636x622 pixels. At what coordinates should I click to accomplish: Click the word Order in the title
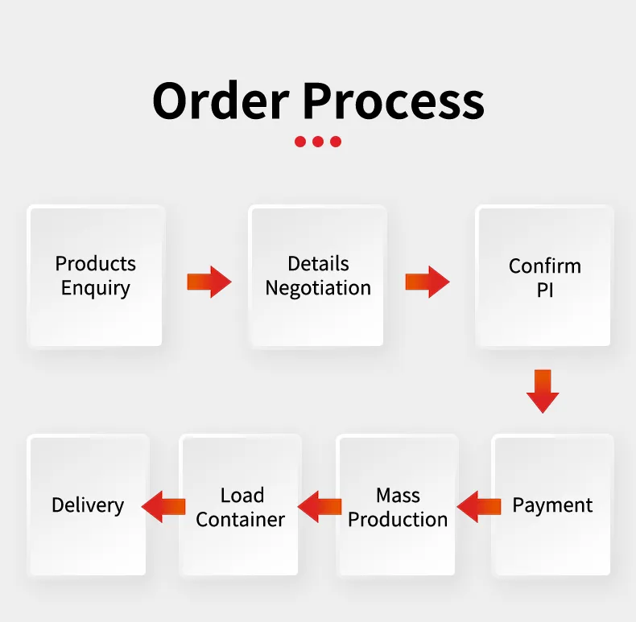pos(221,101)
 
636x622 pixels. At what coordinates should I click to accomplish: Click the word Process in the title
pos(394,101)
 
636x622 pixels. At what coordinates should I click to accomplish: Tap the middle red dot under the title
pos(318,142)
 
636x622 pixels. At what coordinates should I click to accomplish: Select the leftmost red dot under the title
pos(300,142)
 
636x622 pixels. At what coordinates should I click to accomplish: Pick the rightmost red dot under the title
pos(336,142)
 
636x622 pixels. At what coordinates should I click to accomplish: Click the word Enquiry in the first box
pos(96,288)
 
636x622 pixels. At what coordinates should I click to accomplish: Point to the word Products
pos(96,264)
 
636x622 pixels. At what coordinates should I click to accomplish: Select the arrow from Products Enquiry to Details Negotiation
pos(209,282)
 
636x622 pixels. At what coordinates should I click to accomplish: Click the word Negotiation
pos(318,288)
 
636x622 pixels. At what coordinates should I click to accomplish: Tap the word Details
pos(318,264)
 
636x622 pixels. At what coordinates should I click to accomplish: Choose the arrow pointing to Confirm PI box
pos(427,282)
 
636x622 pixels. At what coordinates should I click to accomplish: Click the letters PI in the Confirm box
pos(545,290)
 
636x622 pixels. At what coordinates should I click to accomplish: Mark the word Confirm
pos(545,266)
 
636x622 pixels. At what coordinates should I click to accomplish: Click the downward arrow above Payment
pos(543,391)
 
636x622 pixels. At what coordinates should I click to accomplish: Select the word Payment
pos(552,505)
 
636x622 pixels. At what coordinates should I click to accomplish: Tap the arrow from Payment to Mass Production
pos(479,506)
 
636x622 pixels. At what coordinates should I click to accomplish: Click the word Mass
pos(398,495)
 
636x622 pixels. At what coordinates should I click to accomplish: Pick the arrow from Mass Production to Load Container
pos(320,506)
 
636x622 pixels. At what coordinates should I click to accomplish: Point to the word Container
pos(240,520)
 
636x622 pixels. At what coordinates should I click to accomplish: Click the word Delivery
pos(88,505)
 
